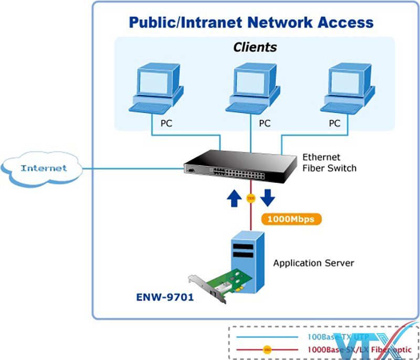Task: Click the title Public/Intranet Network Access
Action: tap(251, 23)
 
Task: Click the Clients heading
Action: tap(255, 47)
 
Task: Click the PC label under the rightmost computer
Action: tap(334, 124)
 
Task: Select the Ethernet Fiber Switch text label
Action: tap(329, 163)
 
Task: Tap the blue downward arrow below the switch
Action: tap(268, 198)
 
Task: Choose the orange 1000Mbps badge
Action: tap(290, 219)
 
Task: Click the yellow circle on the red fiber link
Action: tap(250, 198)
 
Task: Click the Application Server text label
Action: tap(313, 263)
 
